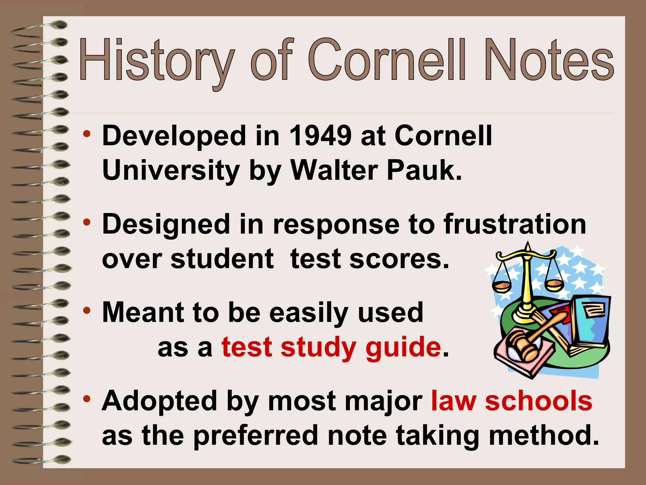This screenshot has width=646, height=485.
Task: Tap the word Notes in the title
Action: [x=549, y=60]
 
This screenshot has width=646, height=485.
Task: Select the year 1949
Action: [x=320, y=136]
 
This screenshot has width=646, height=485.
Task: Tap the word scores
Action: [x=399, y=259]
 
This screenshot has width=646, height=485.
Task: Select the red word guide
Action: [x=403, y=347]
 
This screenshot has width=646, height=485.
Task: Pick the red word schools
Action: [x=538, y=401]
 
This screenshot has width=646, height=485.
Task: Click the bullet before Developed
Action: [x=87, y=135]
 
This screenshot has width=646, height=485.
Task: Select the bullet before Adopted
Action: [x=87, y=399]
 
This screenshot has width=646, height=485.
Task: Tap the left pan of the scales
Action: [x=501, y=286]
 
